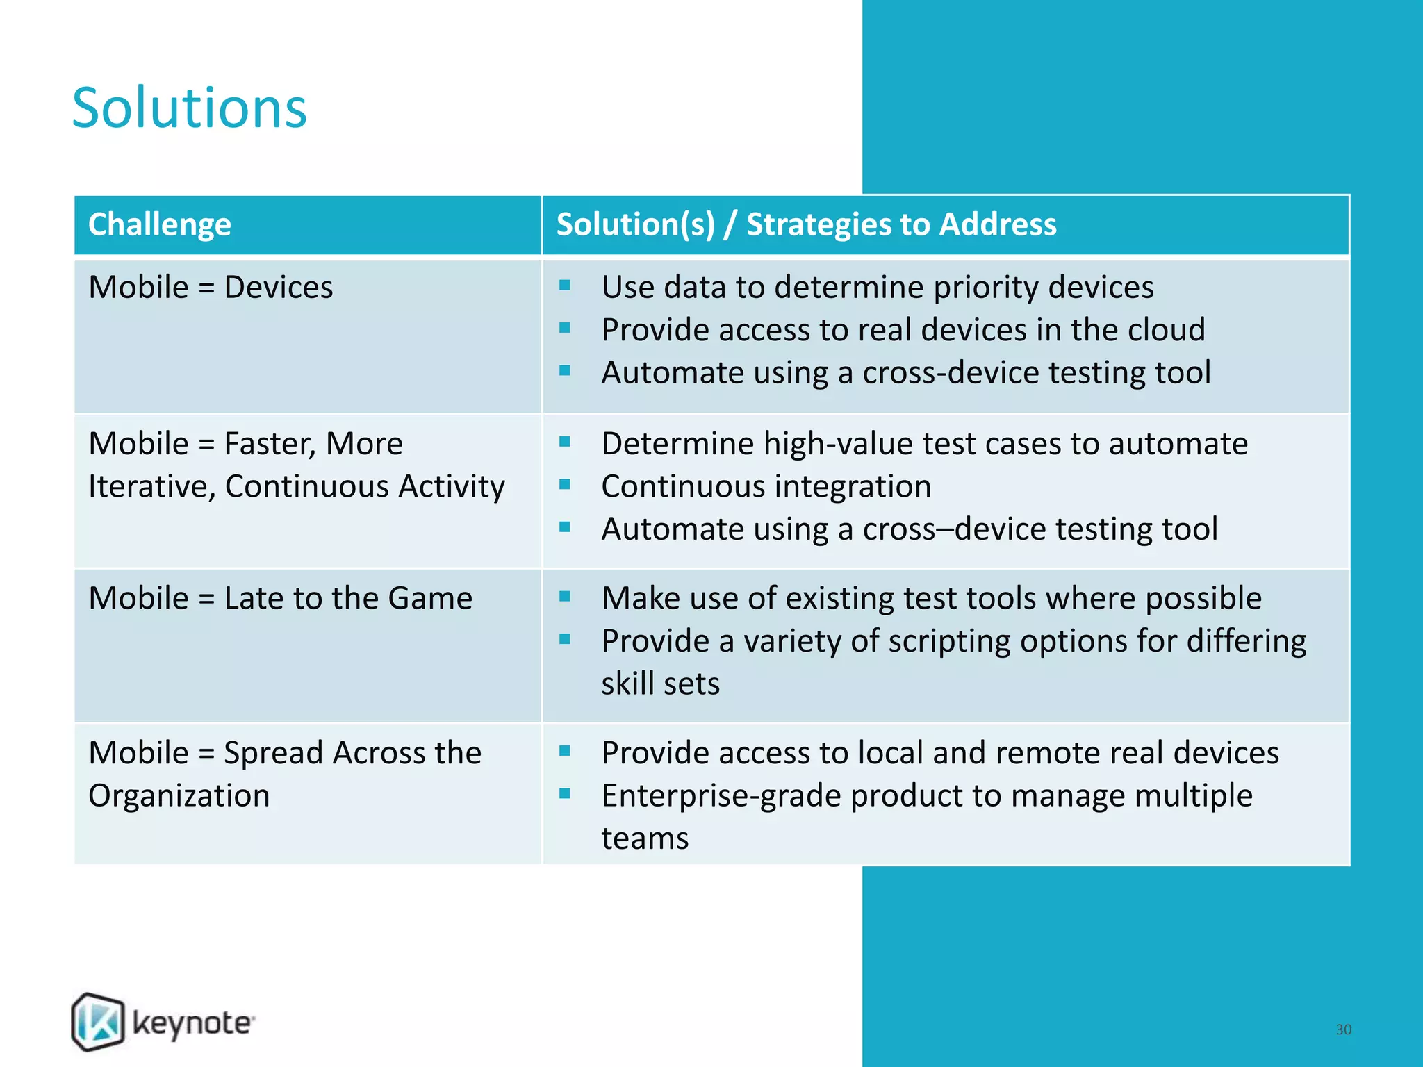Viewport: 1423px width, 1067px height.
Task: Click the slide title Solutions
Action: point(189,108)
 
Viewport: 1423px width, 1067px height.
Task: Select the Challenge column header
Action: point(160,224)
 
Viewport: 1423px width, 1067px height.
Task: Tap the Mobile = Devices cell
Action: point(211,287)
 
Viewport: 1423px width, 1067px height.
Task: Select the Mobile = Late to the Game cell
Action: point(280,598)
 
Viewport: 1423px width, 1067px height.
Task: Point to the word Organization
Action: point(179,795)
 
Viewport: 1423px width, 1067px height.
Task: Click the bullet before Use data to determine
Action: point(565,286)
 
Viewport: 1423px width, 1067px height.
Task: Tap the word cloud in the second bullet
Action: point(1166,330)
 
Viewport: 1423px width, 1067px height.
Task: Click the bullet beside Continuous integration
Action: point(565,484)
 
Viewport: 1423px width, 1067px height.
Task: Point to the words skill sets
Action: point(660,684)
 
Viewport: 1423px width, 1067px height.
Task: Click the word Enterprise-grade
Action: point(721,796)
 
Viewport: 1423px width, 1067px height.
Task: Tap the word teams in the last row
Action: point(645,838)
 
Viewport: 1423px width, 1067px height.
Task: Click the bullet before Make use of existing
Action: point(565,597)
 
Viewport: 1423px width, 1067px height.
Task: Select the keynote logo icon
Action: point(98,1022)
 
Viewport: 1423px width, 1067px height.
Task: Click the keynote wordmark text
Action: point(192,1024)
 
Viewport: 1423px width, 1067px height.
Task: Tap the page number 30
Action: point(1343,1029)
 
